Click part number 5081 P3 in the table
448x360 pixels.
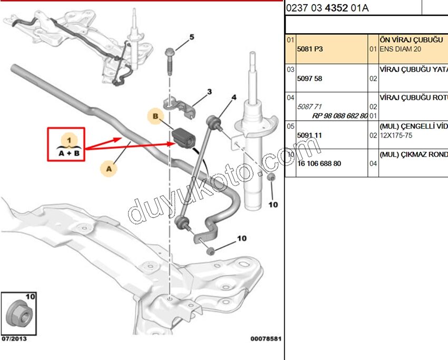[x=310, y=49]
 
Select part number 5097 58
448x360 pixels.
[x=310, y=79]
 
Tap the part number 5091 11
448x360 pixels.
[x=310, y=135]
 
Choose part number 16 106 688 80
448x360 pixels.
[x=319, y=163]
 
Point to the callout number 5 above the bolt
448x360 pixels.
[x=191, y=37]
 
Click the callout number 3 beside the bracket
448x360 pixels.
[x=209, y=92]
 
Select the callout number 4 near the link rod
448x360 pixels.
[x=234, y=97]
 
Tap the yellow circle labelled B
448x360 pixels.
[x=155, y=116]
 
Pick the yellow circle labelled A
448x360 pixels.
[x=109, y=169]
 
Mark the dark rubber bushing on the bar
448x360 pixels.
[x=183, y=138]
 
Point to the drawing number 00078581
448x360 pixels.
[x=266, y=339]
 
